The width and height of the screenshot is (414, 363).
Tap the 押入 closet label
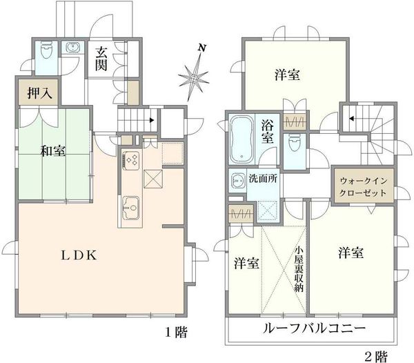(40, 92)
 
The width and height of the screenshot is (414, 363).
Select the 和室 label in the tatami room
(53, 150)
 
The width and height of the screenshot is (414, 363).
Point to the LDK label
(79, 255)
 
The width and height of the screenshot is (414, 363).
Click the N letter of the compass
(202, 48)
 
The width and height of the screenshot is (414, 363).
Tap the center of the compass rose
(194, 77)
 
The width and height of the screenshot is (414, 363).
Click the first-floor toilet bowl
(46, 50)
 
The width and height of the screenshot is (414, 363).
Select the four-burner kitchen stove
(131, 160)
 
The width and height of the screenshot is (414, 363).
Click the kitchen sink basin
(131, 208)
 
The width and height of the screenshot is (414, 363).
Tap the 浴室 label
(268, 132)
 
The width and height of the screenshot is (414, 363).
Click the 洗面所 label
(263, 179)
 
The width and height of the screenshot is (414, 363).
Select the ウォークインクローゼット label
(363, 186)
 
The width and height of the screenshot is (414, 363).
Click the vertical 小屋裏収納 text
(299, 269)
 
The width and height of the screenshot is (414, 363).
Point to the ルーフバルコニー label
(314, 328)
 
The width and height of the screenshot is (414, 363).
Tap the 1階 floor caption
(176, 332)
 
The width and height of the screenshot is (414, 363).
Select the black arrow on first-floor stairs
(152, 120)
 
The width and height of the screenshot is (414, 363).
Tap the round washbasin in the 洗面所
(238, 181)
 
